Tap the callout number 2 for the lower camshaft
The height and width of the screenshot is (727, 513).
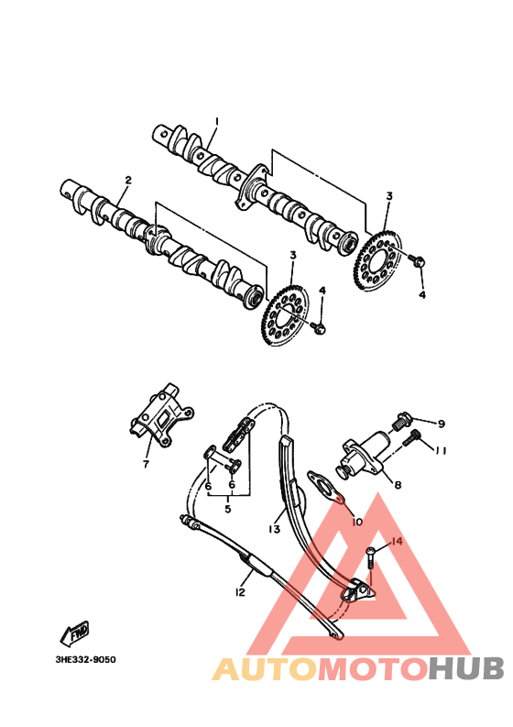(128, 180)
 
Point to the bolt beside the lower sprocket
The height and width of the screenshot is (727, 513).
(318, 327)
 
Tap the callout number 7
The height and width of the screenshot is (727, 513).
(146, 464)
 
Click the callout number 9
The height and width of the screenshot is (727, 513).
(441, 424)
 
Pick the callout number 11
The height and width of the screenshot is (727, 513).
(441, 450)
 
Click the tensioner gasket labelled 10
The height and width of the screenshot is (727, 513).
(326, 487)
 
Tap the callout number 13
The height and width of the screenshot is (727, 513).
(274, 529)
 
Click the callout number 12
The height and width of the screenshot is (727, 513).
(240, 592)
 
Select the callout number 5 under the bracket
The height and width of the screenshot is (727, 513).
(227, 509)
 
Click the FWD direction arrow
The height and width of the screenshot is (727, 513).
(74, 632)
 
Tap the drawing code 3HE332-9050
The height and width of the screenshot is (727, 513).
(86, 659)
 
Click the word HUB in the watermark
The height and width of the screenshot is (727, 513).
(466, 669)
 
